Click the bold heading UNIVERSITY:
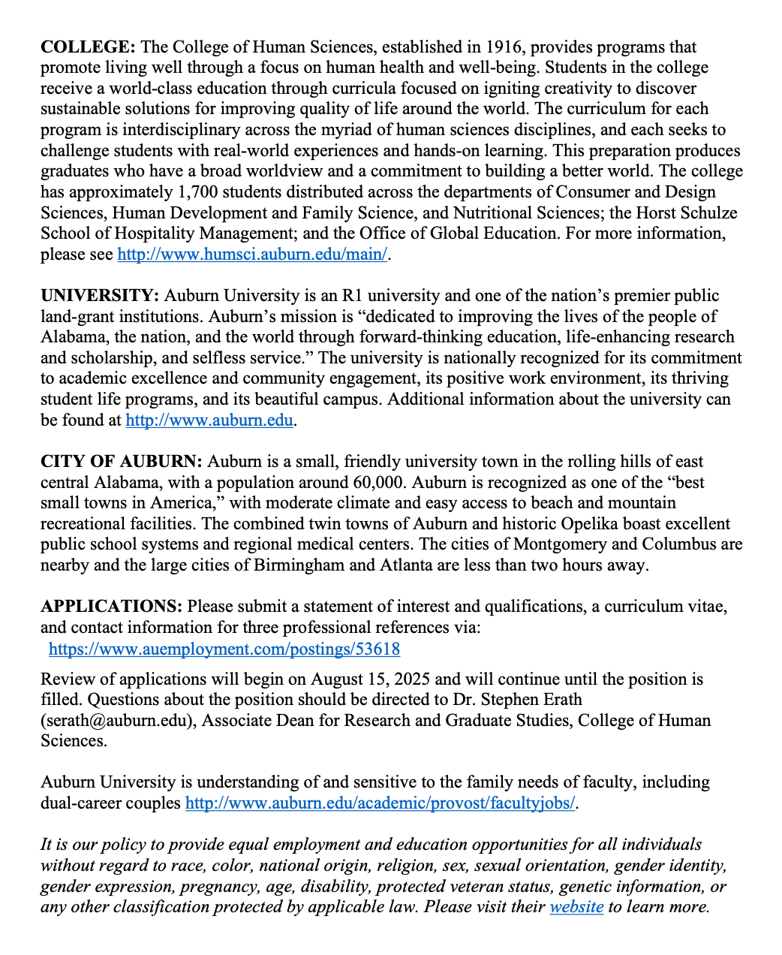click(x=100, y=296)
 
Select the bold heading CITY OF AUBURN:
click(x=121, y=461)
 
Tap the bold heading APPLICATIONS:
click(x=111, y=606)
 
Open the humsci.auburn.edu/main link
click(x=252, y=255)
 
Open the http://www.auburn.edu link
click(x=209, y=420)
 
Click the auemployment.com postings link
click(x=224, y=649)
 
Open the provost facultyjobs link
click(x=380, y=803)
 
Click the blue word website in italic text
click(x=576, y=906)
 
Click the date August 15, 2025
click(x=370, y=679)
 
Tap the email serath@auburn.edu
click(x=118, y=721)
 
